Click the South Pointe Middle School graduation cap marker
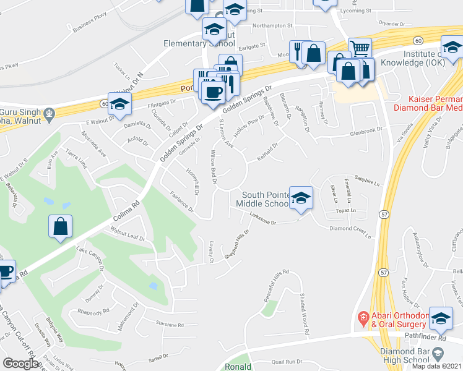pos(301,198)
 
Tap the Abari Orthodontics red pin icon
pos(363,319)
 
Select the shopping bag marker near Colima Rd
pos(61,227)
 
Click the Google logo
pos(20,363)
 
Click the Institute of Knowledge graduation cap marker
pos(452,46)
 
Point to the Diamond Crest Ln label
pos(353,231)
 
